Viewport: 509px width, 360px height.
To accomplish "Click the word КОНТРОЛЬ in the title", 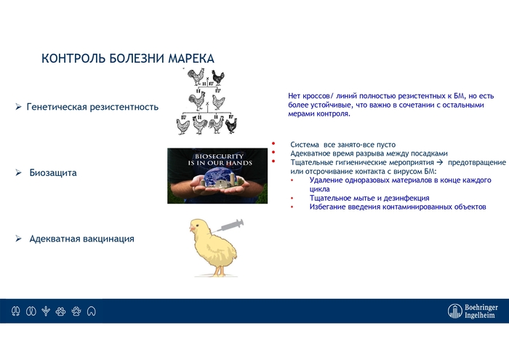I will point(71,57).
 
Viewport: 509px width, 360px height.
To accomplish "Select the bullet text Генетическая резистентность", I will point(92,107).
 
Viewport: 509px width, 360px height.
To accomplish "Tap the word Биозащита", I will point(53,174).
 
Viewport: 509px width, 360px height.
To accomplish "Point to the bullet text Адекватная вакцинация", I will point(81,239).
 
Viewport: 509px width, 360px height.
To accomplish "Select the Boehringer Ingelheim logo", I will point(473,311).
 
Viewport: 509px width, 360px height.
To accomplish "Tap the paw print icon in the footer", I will point(76,311).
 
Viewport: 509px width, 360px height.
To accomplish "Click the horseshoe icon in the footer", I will point(91,311).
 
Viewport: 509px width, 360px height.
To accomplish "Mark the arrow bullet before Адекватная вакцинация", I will point(19,239).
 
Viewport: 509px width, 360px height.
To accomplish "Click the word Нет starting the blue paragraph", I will point(294,96).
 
